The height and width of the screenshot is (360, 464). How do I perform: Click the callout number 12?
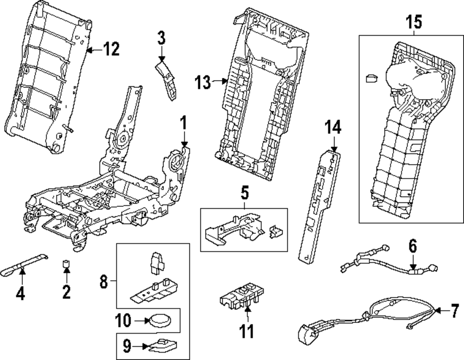111,48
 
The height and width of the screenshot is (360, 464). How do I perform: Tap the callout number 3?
161,38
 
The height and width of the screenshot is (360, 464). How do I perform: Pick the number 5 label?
244,190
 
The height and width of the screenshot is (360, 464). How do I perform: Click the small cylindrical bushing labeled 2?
66,265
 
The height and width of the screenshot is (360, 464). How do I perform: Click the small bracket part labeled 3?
167,79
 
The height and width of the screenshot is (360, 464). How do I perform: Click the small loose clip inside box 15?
371,78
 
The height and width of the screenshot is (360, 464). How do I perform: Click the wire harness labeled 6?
385,262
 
